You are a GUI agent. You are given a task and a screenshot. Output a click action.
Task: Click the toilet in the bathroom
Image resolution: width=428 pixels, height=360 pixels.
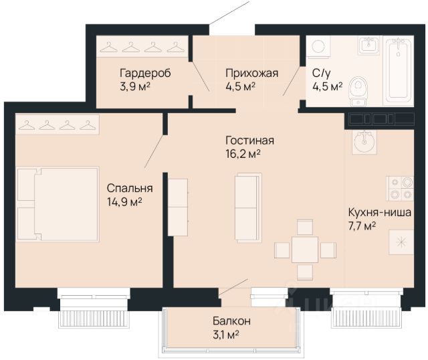coord(358,91)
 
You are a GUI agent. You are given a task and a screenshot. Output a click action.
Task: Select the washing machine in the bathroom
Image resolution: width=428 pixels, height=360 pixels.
coord(318,46)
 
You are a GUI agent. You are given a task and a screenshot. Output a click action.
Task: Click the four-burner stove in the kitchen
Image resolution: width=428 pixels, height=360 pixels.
coord(400,189)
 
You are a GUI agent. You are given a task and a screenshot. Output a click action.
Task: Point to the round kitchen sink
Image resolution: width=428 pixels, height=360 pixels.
coord(364,141)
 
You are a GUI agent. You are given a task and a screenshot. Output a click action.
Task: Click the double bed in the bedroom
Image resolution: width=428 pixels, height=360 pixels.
coord(58,204)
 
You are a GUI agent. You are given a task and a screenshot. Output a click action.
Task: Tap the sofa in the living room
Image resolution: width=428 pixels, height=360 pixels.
coord(248,207)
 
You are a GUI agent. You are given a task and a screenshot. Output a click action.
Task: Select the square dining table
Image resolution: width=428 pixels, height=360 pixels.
coord(305,250)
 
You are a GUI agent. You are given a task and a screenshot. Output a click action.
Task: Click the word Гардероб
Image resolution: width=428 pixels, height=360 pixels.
coord(145,73)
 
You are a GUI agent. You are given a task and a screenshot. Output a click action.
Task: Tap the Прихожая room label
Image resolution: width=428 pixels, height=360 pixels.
coord(251,73)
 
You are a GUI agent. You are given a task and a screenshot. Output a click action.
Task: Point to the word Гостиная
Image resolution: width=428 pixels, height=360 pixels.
coord(249,141)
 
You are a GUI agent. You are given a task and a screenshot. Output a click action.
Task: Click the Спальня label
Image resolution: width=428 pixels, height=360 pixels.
coord(130,188)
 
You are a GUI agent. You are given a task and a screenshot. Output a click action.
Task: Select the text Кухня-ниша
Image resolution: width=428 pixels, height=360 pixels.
coord(380,212)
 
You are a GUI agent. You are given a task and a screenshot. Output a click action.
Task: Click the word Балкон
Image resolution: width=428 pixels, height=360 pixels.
coord(231,321)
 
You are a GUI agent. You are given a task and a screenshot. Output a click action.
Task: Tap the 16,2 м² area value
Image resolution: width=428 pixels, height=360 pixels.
coord(243,154)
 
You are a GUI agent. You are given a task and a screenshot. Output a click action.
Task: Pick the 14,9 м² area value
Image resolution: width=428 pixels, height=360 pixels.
coord(124,202)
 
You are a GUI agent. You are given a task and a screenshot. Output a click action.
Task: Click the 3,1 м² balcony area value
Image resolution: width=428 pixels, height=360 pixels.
coord(226,335)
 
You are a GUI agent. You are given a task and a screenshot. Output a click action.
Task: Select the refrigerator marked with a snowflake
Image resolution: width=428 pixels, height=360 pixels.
coord(401,242)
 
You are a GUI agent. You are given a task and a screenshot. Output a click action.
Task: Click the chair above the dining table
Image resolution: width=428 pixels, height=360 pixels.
coord(305,227)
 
